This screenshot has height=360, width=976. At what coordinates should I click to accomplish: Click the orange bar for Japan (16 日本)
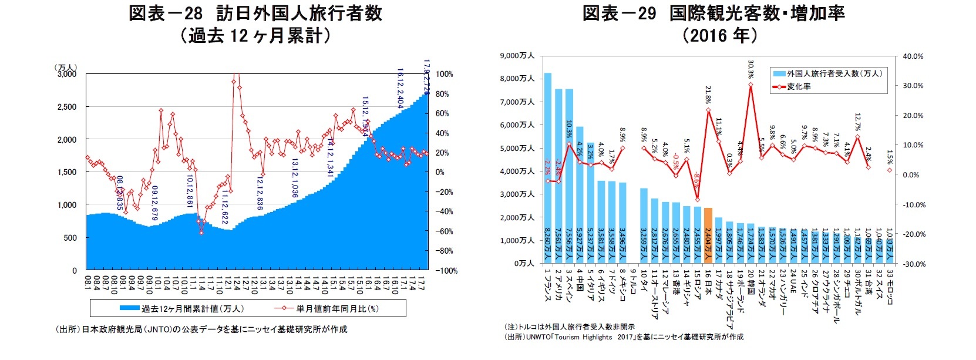708,235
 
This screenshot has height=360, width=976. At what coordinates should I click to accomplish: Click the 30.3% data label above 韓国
750,69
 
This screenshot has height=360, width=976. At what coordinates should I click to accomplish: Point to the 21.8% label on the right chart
708,94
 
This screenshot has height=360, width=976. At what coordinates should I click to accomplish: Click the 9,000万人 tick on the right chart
517,56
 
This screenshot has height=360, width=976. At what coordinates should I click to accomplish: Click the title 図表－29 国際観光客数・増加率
713,13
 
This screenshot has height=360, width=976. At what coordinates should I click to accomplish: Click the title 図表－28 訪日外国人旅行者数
255,13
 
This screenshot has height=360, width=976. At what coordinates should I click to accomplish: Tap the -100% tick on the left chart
446,271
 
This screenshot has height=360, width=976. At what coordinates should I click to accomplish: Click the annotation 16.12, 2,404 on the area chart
400,88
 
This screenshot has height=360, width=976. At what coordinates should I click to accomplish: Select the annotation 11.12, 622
225,207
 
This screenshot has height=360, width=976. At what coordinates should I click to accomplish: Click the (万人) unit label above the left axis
65,68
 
